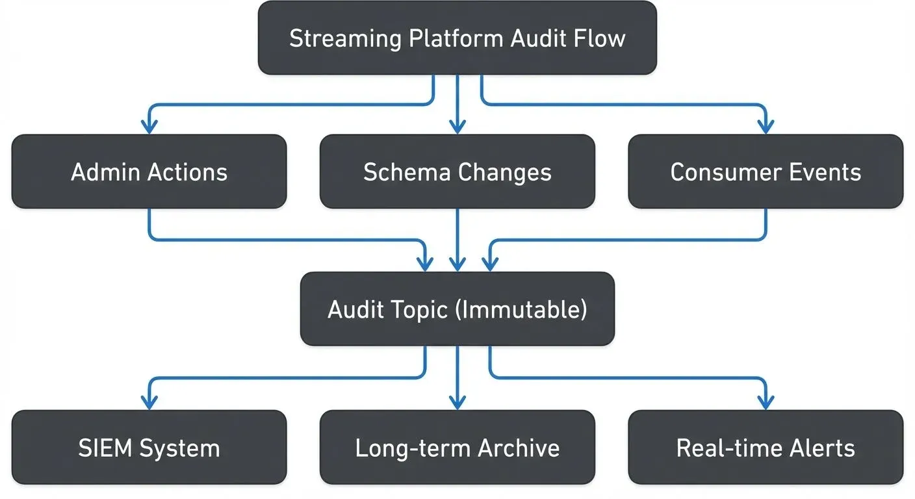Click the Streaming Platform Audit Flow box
[457, 38]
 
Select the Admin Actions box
[149, 172]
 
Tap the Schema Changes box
[457, 172]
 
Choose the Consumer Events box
[766, 172]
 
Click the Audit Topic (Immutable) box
[457, 309]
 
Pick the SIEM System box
[149, 448]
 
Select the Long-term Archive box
[457, 448]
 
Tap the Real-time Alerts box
[766, 448]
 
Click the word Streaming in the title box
[345, 38]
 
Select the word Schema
[406, 172]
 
